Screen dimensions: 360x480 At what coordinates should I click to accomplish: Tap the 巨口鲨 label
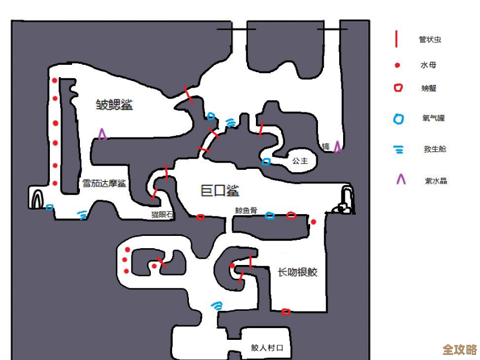(x=220, y=191)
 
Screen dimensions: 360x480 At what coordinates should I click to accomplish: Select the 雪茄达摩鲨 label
(x=104, y=183)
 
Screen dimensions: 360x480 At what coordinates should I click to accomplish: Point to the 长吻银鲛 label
(x=297, y=272)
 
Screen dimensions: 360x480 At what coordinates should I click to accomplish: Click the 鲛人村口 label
(x=267, y=348)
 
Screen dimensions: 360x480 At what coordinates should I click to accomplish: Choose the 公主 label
(x=300, y=160)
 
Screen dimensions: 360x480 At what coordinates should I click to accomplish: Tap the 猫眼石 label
(x=162, y=214)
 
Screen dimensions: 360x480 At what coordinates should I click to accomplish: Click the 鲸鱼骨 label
(x=246, y=211)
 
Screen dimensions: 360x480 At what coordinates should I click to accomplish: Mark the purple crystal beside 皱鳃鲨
(x=102, y=134)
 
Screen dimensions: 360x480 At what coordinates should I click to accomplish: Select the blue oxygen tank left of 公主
(x=267, y=162)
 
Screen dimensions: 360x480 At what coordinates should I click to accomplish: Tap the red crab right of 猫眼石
(x=200, y=217)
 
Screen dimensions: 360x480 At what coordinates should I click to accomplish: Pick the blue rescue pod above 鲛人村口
(x=217, y=306)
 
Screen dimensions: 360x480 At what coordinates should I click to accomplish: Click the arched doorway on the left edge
(x=38, y=198)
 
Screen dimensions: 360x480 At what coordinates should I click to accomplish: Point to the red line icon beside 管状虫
(x=396, y=39)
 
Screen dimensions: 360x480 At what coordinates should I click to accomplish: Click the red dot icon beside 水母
(x=397, y=65)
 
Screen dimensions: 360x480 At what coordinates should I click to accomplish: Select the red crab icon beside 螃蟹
(x=398, y=88)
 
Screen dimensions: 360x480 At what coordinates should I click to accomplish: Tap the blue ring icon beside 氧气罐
(x=398, y=119)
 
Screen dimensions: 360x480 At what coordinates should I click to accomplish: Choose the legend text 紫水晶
(x=436, y=181)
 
